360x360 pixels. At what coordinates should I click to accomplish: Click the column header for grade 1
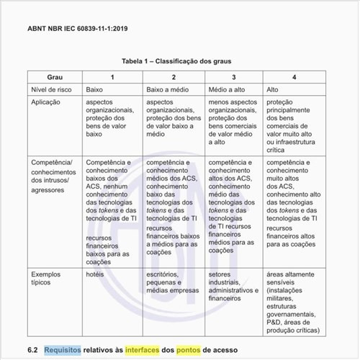coord(112,77)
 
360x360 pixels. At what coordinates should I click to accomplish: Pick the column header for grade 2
coord(174,77)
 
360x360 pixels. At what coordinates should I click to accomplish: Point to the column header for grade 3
coord(233,77)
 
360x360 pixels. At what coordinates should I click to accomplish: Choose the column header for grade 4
coord(294,77)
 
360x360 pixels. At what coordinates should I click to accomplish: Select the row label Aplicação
coord(48,102)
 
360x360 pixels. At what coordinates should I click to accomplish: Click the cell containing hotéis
coord(96,274)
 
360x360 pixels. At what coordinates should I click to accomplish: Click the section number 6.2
coord(32,350)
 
